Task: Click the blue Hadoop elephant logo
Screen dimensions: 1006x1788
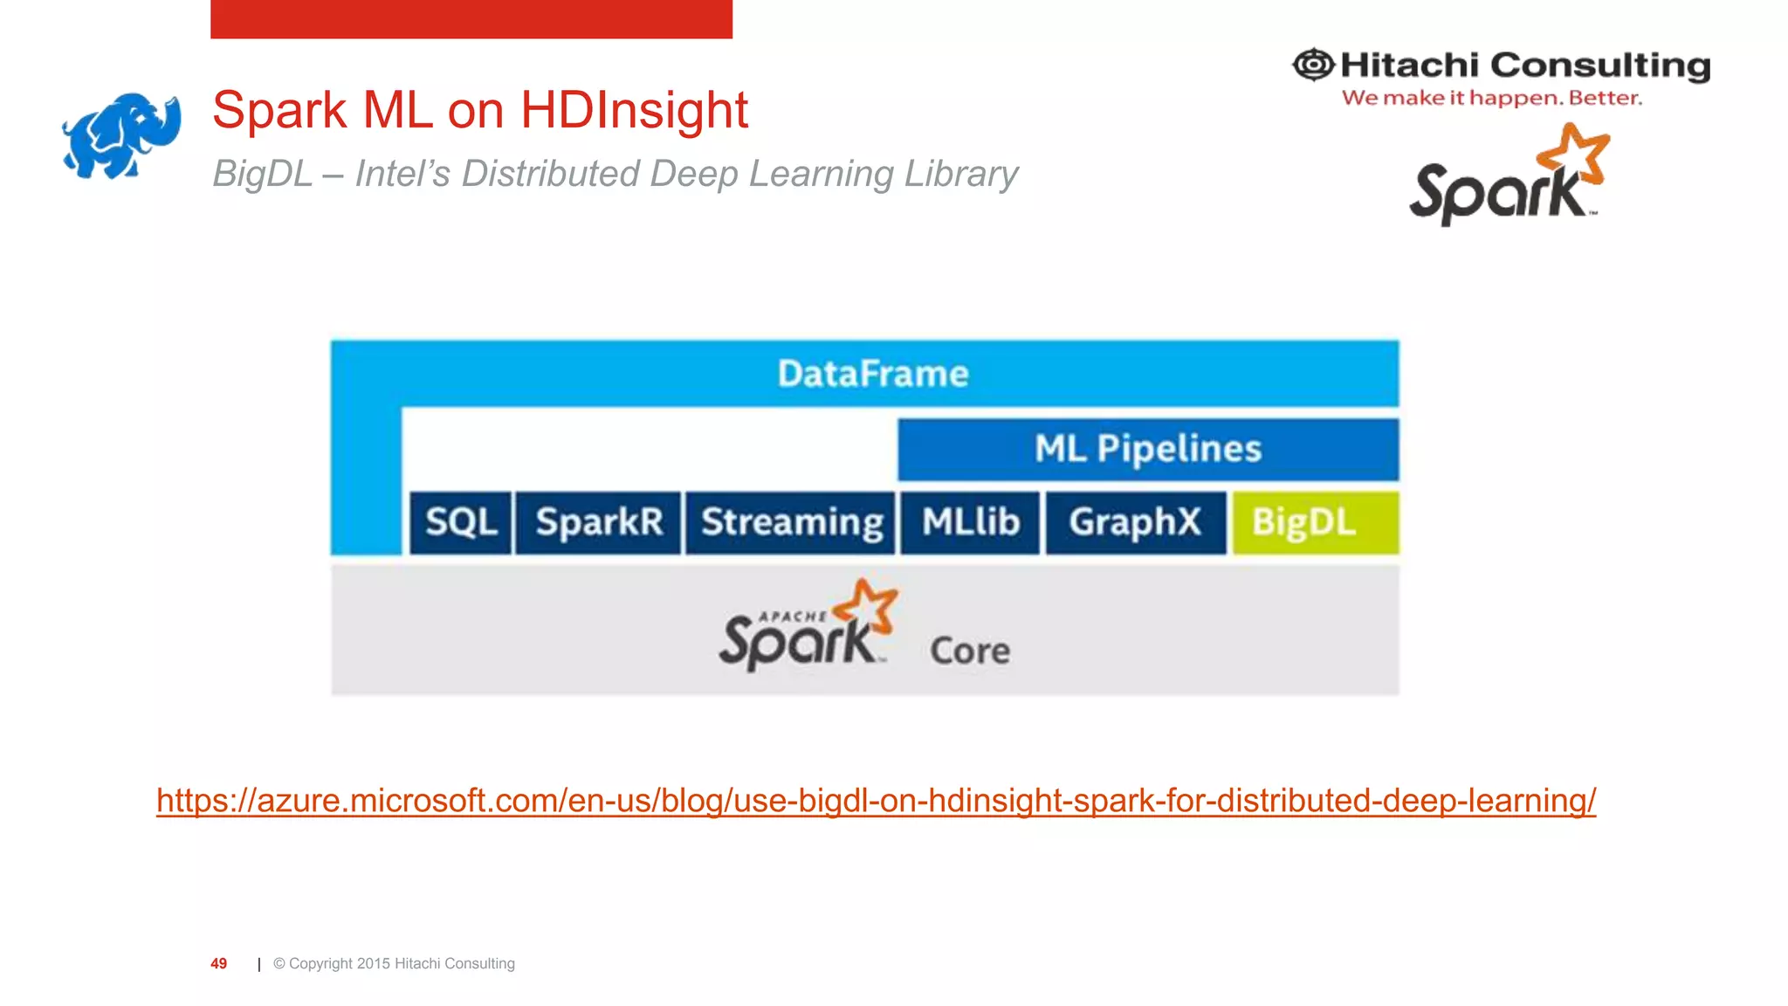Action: click(x=120, y=135)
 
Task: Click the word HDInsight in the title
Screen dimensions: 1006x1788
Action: click(x=634, y=111)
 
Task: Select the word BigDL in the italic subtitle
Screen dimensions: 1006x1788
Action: click(x=262, y=174)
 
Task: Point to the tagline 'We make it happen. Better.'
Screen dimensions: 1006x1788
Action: click(x=1491, y=98)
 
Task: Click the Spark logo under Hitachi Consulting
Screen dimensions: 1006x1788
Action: click(x=1508, y=176)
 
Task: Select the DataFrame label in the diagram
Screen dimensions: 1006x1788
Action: click(x=873, y=374)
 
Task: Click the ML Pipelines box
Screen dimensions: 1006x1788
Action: click(x=1148, y=449)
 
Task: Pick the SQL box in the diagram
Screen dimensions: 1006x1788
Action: click(x=461, y=522)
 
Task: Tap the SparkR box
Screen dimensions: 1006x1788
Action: click(x=599, y=522)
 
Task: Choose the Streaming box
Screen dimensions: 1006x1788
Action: click(x=791, y=522)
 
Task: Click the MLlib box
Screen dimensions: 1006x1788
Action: click(x=971, y=522)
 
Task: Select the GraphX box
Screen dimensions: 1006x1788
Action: click(x=1136, y=522)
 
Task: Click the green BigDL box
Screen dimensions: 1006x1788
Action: click(x=1314, y=522)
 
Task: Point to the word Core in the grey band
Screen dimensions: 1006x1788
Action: click(x=970, y=651)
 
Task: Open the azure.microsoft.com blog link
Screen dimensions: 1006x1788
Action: click(x=876, y=801)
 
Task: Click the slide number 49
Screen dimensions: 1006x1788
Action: click(x=218, y=963)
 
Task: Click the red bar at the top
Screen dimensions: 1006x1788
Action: click(x=471, y=18)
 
